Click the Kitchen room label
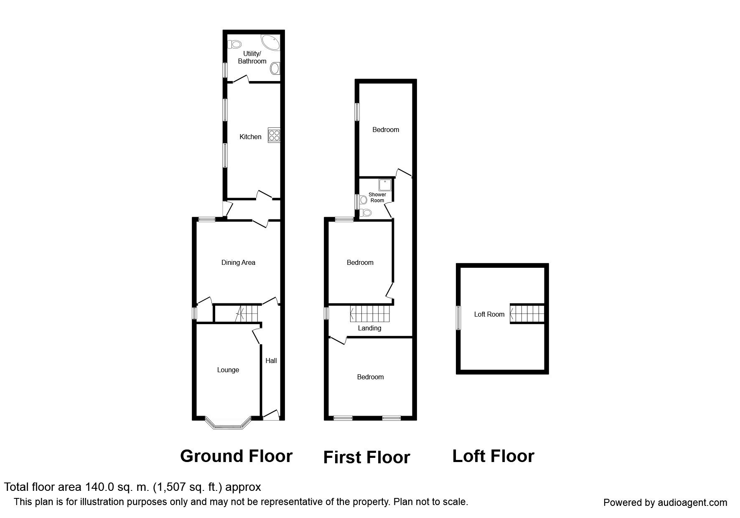250,137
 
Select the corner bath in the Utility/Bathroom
271,43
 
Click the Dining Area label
238,262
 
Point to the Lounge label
228,370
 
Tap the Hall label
271,361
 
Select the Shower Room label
377,198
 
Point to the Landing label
369,328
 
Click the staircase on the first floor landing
369,314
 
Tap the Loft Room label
489,314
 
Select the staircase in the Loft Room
527,313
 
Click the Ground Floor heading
236,456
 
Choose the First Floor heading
366,457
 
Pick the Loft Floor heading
493,456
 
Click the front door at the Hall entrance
271,415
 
